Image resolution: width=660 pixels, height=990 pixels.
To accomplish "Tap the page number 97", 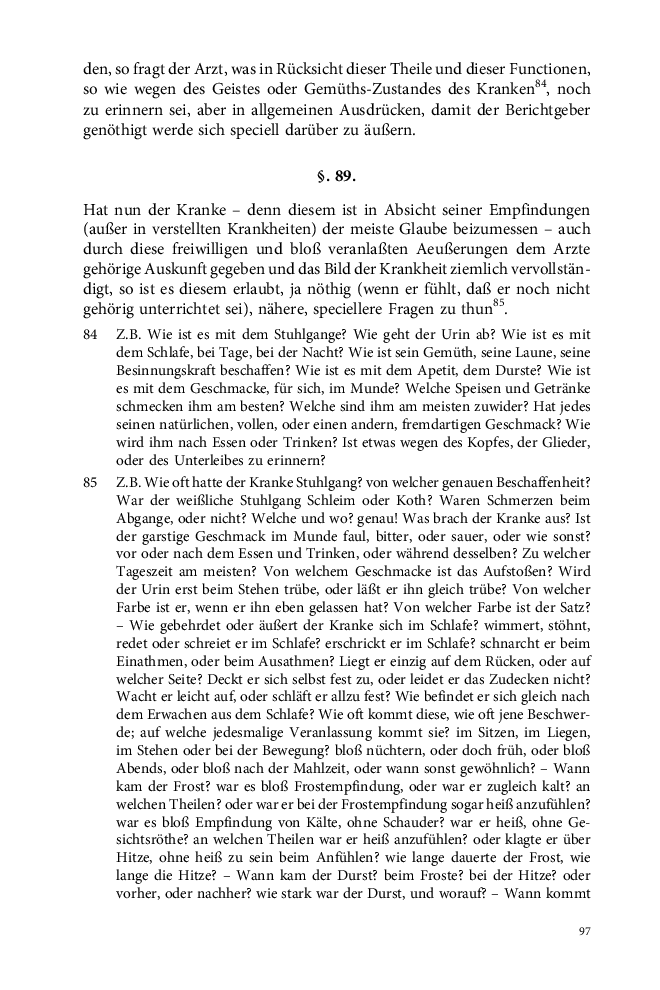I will pos(586,932).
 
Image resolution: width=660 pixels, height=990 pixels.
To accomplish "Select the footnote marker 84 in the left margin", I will pos(90,335).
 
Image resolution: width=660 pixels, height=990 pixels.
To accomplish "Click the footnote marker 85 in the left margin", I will pos(90,483).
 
